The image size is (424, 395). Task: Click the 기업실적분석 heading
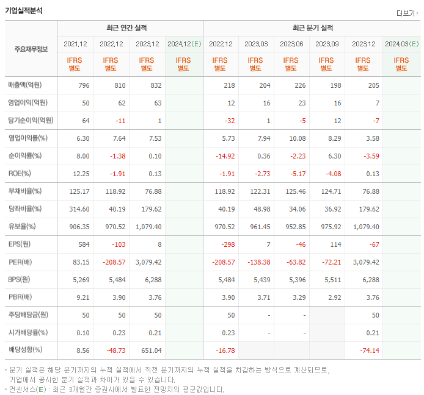pyautogui.click(x=24, y=9)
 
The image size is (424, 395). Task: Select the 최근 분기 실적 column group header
pyautogui.click(x=313, y=28)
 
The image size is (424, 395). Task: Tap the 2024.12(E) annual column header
pyautogui.click(x=184, y=44)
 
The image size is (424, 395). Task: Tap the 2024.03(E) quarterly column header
pyautogui.click(x=401, y=44)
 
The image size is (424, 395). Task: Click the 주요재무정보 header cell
pyautogui.click(x=31, y=49)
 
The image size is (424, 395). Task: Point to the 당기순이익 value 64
pyautogui.click(x=84, y=120)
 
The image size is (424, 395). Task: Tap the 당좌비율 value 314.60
pyautogui.click(x=79, y=209)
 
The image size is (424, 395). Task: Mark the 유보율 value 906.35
pyautogui.click(x=79, y=227)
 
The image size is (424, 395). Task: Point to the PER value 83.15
pyautogui.click(x=81, y=262)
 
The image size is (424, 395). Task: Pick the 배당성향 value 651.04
pyautogui.click(x=150, y=351)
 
